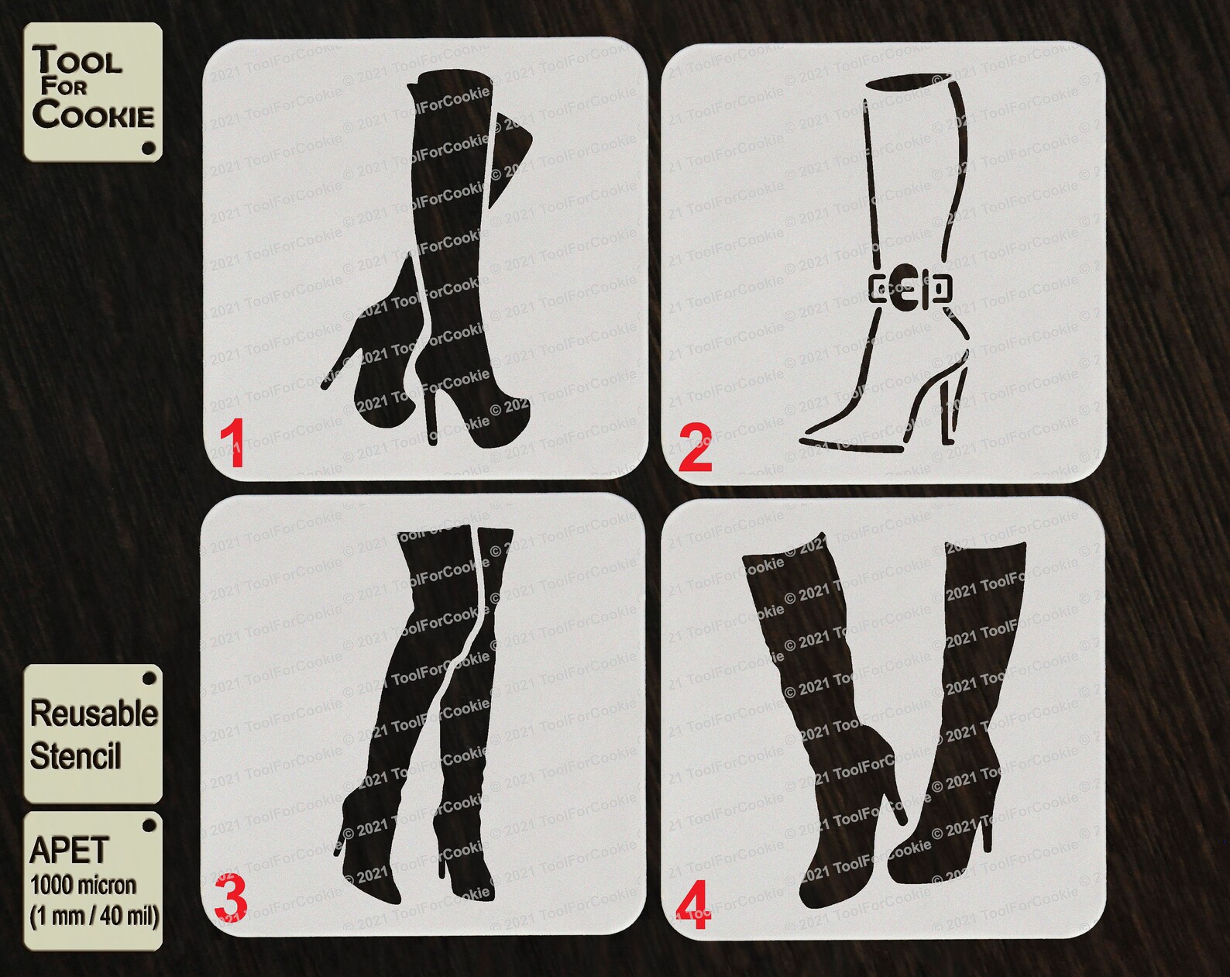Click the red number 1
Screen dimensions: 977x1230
232,444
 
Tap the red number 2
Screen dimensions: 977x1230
695,449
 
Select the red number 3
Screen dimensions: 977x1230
230,898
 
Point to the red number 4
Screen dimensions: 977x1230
692,906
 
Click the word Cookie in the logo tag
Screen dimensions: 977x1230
93,115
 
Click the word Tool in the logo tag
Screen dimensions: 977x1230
77,60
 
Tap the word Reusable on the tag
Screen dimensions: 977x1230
94,714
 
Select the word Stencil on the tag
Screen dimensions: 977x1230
75,756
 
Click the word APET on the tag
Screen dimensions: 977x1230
69,851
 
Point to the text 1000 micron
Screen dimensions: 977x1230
83,885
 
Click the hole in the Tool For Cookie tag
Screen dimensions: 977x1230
149,147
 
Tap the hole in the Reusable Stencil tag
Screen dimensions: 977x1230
149,679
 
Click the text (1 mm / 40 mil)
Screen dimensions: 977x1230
94,917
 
